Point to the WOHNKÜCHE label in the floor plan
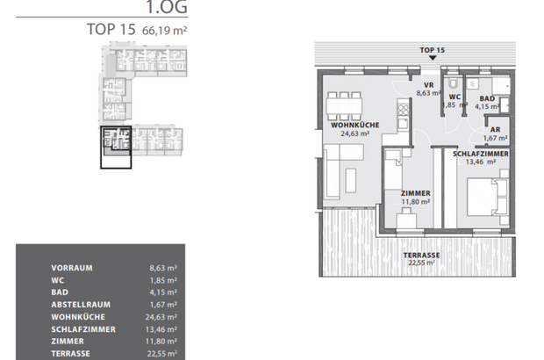(354, 126)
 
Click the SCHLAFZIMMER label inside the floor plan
(480, 153)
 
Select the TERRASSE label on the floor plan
(421, 255)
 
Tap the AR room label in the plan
(495, 128)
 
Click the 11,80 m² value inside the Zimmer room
(415, 201)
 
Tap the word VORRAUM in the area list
(72, 267)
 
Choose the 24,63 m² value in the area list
(164, 316)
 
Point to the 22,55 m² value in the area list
(164, 353)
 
